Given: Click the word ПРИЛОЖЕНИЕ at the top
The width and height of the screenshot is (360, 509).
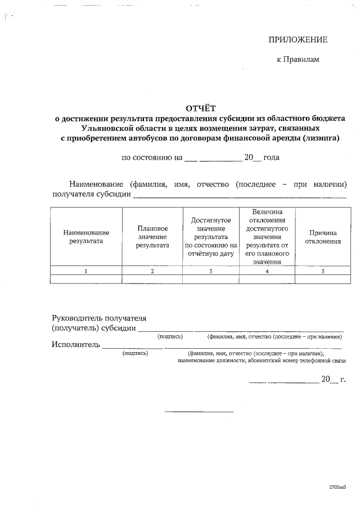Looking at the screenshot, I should point(298,39).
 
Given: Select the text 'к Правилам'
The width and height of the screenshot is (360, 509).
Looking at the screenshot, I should point(298,60).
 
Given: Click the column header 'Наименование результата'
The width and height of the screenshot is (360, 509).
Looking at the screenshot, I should point(86,237).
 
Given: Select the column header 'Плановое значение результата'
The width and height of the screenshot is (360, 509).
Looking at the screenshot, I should point(152,237).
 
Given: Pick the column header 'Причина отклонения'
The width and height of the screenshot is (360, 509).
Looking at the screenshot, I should point(323,237).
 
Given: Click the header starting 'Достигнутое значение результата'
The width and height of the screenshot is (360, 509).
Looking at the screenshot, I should point(211,237).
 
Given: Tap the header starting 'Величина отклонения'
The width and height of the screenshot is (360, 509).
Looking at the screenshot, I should point(267,237).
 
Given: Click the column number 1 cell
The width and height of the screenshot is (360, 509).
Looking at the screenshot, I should point(86,271).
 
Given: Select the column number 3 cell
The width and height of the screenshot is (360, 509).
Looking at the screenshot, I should point(211,271).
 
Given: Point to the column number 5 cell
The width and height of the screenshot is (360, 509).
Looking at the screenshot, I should point(323,271).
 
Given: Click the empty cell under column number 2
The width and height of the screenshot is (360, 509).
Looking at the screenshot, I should point(152,279).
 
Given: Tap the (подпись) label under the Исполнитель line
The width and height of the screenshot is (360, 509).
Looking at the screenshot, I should point(135,353).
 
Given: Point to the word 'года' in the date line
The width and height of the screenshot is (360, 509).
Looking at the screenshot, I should point(271,157).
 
